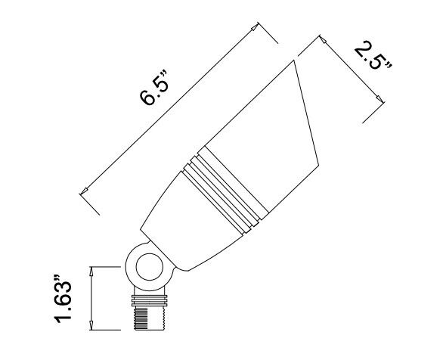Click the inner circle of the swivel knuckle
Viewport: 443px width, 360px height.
[x=144, y=267]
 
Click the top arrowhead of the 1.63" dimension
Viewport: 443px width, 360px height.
[x=92, y=269]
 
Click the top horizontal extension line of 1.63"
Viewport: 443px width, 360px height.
[x=106, y=265]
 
